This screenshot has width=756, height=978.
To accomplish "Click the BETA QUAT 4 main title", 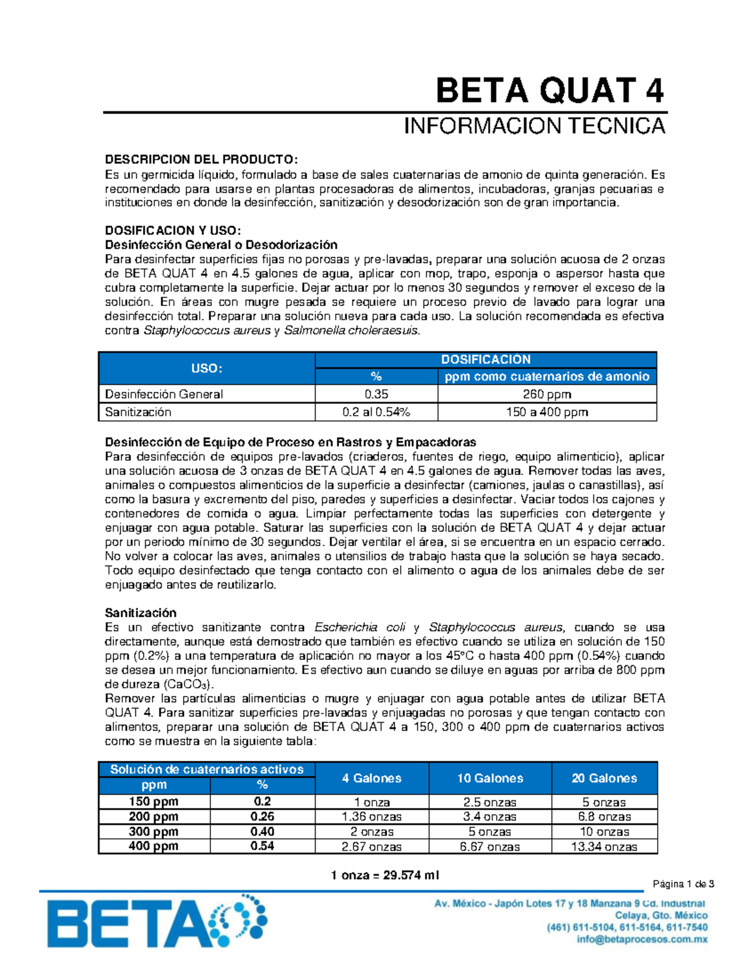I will click(x=549, y=91).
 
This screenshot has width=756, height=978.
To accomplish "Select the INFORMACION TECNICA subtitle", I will click(x=534, y=126).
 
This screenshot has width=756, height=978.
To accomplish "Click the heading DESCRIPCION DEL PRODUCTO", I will click(x=200, y=159).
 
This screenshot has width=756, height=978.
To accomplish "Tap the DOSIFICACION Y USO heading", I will click(x=173, y=230).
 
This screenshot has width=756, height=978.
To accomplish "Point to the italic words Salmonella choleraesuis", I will click(x=351, y=331).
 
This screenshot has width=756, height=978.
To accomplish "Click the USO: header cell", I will click(x=207, y=368).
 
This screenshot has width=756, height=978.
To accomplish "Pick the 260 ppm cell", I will click(x=547, y=394).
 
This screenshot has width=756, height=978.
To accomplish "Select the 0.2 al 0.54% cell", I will click(x=376, y=412).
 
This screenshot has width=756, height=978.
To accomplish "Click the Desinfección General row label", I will click(x=164, y=394).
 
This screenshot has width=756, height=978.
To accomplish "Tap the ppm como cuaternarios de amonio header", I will click(x=547, y=377).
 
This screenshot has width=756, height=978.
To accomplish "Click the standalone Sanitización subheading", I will click(x=140, y=613).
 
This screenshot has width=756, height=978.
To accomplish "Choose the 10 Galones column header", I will click(x=490, y=778).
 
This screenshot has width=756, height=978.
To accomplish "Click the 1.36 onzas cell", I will click(x=372, y=817).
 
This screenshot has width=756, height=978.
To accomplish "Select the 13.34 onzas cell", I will click(x=604, y=847).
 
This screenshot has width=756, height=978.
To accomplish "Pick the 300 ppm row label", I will click(x=153, y=831).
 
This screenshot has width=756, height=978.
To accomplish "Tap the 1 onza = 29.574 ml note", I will click(x=385, y=875).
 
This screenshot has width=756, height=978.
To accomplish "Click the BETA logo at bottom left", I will click(x=157, y=923).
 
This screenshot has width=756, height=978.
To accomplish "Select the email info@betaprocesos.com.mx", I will click(x=642, y=940).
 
